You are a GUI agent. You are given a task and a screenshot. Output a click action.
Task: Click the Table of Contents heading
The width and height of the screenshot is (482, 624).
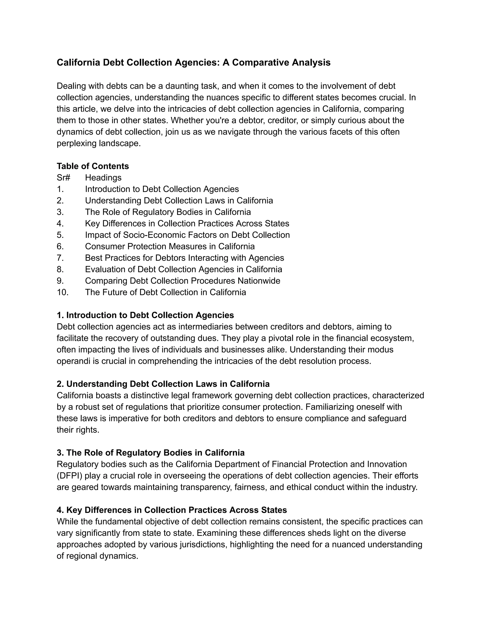(x=93, y=166)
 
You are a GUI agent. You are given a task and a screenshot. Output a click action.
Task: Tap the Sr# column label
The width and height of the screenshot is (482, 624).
(x=63, y=178)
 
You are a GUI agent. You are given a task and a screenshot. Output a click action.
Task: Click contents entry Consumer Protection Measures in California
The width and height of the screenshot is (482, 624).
(x=170, y=246)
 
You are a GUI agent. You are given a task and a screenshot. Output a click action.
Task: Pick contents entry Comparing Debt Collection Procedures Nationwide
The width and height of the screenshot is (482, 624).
(x=182, y=281)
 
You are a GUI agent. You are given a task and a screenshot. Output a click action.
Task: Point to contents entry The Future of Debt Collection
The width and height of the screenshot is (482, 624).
(x=165, y=292)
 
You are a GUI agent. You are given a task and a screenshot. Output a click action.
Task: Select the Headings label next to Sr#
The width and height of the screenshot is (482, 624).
(x=103, y=178)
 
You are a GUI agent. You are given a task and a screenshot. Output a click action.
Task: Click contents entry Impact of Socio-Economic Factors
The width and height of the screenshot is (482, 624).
(x=187, y=235)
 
